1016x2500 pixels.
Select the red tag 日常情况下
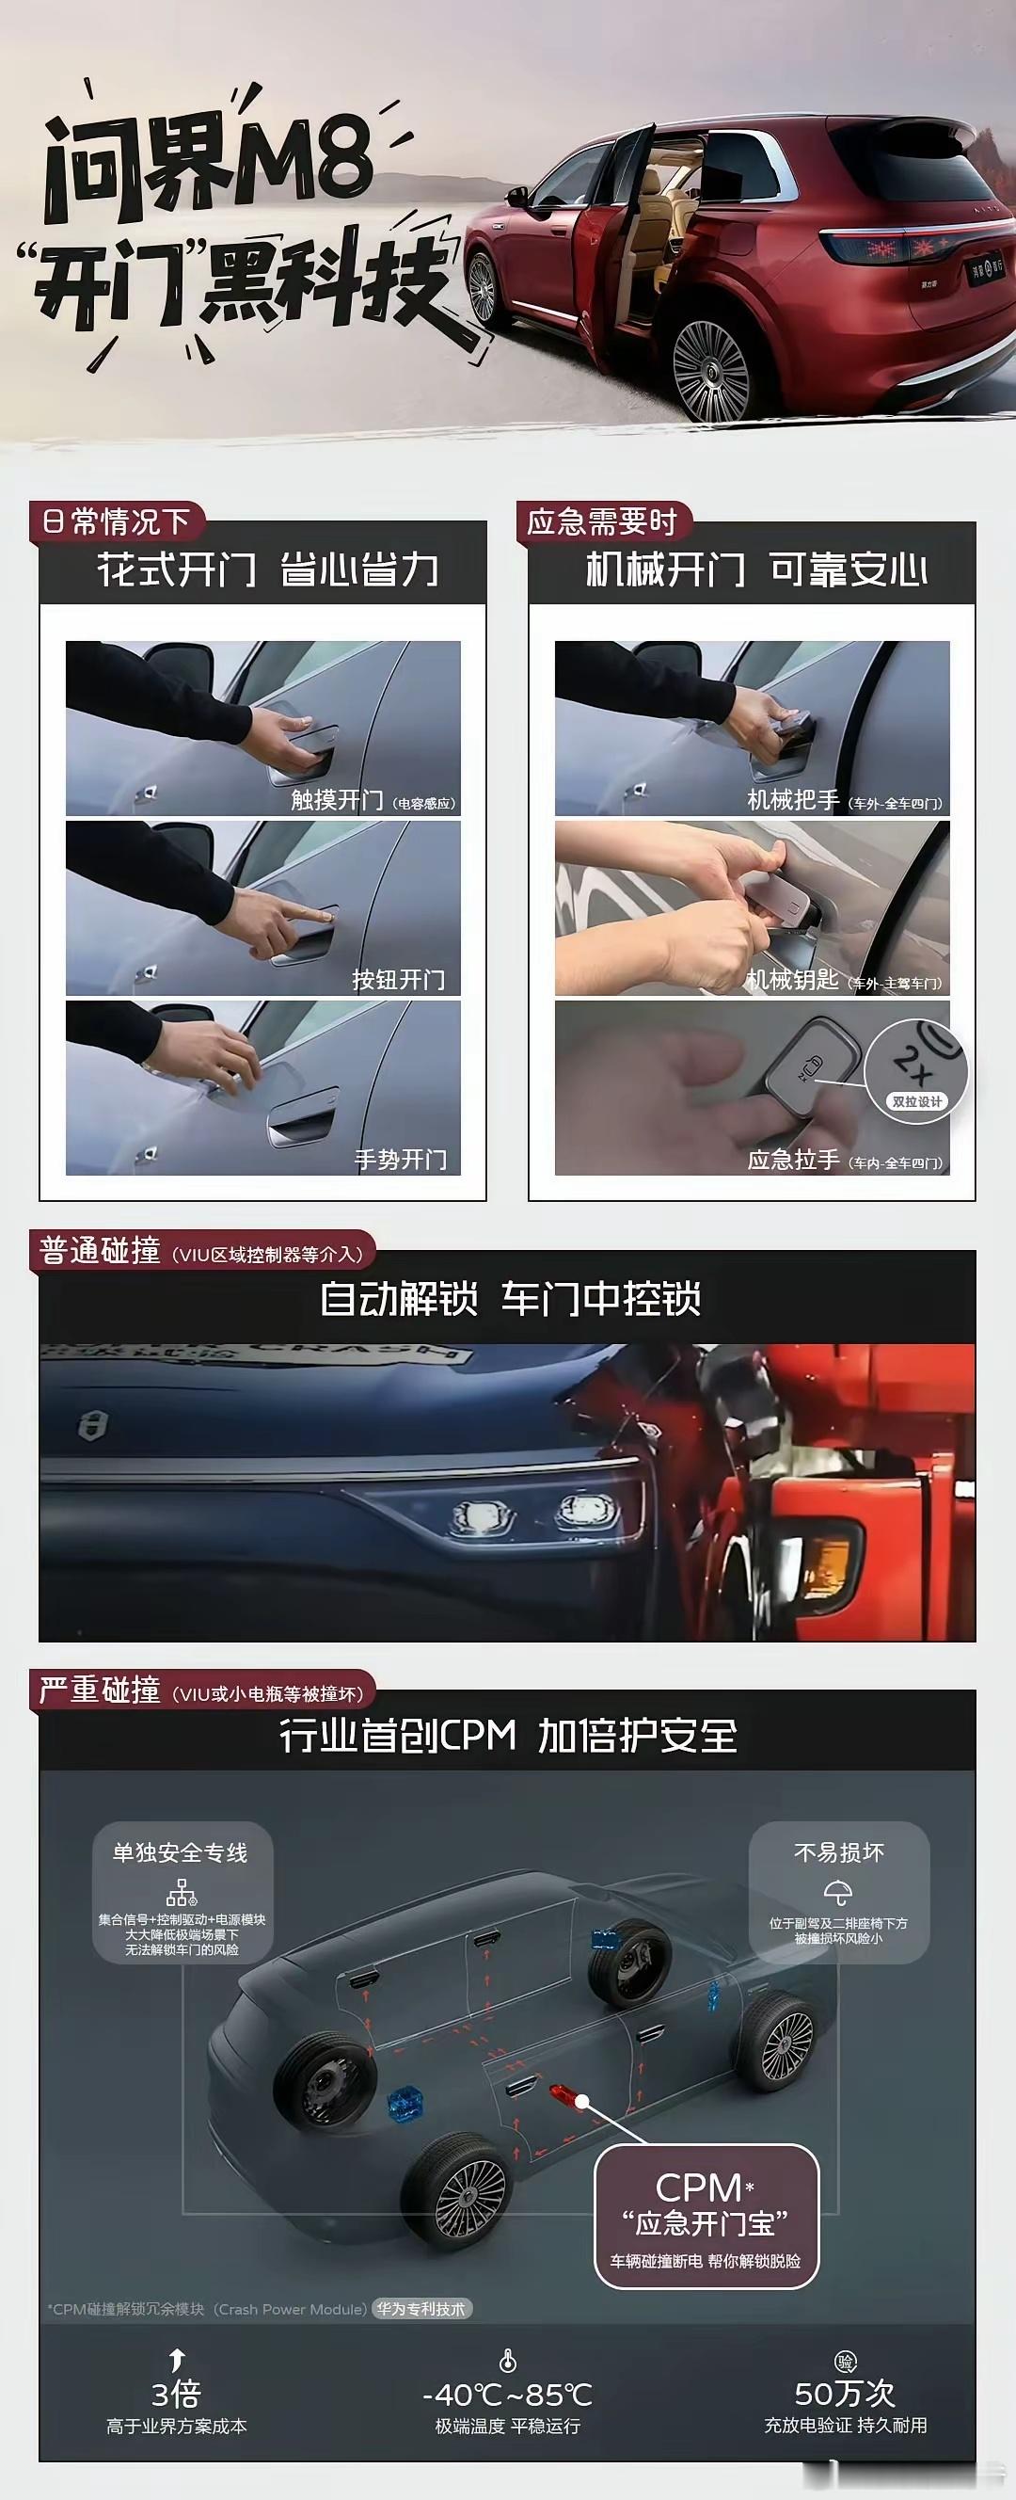click(116, 522)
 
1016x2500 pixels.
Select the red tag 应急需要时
click(602, 522)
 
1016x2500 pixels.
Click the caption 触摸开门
click(337, 800)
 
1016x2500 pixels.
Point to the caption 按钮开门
click(398, 979)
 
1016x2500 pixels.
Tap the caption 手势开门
click(400, 1159)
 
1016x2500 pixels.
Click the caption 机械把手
click(793, 800)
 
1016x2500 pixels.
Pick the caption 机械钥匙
click(792, 979)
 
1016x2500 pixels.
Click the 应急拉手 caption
click(793, 1160)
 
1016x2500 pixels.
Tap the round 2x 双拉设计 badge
click(916, 1072)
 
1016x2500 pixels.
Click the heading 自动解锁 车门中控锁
click(510, 1299)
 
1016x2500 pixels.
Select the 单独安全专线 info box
click(182, 1893)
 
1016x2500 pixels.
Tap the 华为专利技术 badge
click(421, 2309)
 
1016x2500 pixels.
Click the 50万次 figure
click(844, 2393)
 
